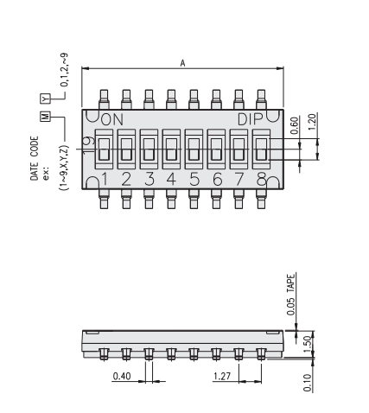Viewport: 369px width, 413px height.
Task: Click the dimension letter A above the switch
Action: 182,63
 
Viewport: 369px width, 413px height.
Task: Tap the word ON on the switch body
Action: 112,119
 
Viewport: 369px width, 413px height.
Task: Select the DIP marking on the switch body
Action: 251,119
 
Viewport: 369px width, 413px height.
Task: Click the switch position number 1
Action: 105,179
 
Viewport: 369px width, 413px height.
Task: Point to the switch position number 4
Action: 171,179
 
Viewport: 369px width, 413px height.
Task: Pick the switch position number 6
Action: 217,179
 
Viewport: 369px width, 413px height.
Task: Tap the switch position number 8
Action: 261,179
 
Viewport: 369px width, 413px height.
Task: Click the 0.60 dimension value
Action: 294,125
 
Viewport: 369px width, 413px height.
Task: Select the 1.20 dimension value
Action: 312,121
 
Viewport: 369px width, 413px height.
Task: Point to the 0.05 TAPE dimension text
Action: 291,295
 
